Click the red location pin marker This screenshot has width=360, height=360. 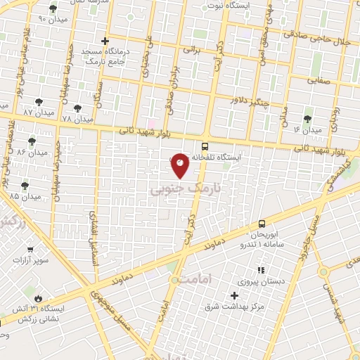(x=180, y=165)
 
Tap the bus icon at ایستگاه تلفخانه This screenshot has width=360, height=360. (x=205, y=147)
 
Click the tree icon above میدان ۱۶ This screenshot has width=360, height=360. (x=307, y=119)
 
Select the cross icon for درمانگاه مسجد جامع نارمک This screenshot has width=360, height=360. (x=105, y=41)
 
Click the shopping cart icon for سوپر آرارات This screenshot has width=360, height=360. (x=30, y=249)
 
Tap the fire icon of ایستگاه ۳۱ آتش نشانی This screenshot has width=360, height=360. (x=37, y=298)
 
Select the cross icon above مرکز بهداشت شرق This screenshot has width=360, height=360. (x=235, y=295)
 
